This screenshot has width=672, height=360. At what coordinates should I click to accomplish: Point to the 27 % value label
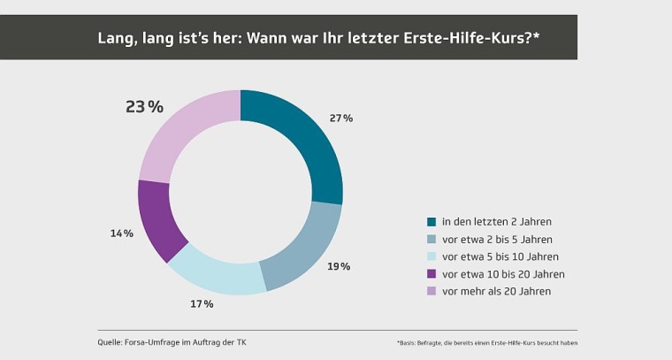(x=341, y=118)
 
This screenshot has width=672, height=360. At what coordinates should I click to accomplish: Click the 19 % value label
(x=340, y=265)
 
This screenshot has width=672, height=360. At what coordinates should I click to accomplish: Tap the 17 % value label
(x=202, y=303)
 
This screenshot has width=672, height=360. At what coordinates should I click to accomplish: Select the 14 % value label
(x=122, y=234)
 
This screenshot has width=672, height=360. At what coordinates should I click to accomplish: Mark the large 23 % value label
(x=145, y=107)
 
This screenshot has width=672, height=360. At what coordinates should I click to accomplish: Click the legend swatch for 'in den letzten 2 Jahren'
(x=431, y=222)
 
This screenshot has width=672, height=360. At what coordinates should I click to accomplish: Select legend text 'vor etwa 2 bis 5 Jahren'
(x=497, y=240)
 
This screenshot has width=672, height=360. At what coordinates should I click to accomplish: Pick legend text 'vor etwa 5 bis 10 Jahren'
(x=500, y=257)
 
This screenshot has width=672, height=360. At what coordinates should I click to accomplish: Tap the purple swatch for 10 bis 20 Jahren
(x=431, y=274)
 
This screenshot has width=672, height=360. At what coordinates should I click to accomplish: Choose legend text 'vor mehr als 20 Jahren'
(x=496, y=291)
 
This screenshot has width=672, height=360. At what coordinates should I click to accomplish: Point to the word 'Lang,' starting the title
(x=116, y=38)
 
